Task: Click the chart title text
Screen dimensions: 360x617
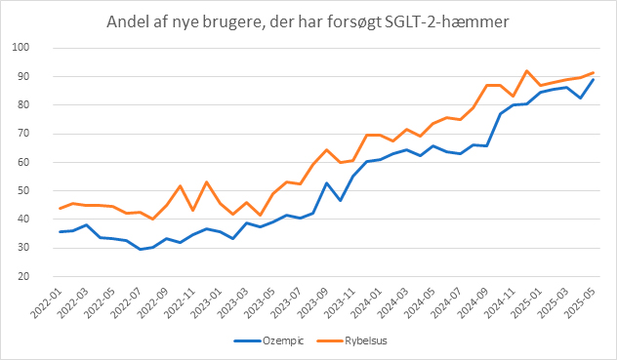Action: [308, 22]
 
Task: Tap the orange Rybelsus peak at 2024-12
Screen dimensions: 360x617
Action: [527, 70]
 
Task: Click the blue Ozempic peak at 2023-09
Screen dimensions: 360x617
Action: [327, 182]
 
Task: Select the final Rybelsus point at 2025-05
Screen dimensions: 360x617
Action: [594, 72]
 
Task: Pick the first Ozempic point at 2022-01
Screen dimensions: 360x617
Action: [61, 231]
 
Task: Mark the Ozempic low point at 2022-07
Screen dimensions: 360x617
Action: [141, 249]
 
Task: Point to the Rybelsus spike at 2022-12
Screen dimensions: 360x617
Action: [207, 181]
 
